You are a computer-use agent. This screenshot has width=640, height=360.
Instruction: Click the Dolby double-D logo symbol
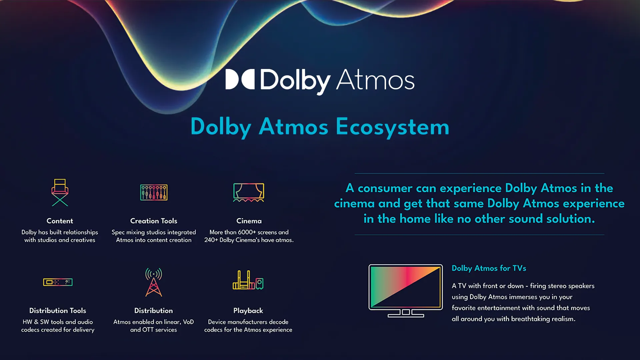coord(240,79)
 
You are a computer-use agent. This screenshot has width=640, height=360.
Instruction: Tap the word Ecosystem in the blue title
coord(392,127)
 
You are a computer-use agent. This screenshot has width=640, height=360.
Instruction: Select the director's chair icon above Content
coord(60,192)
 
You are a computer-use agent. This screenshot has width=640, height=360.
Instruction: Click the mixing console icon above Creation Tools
coord(154,192)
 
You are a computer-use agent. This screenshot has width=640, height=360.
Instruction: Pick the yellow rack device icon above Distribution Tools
coord(58,282)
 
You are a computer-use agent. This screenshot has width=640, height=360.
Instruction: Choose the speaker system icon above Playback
coord(248,281)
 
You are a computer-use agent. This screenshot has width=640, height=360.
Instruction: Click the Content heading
coord(60,221)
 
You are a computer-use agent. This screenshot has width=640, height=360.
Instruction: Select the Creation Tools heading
coord(154,221)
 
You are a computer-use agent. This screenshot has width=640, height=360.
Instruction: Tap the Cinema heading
coord(249,221)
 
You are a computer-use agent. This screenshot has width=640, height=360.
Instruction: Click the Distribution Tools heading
coord(58,311)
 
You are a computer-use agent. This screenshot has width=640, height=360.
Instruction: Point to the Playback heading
coord(248,311)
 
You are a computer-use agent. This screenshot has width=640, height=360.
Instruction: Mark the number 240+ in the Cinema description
coord(211,240)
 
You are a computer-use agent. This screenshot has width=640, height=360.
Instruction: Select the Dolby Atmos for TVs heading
coord(489,268)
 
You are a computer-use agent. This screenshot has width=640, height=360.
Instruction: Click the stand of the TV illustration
coord(406,313)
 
